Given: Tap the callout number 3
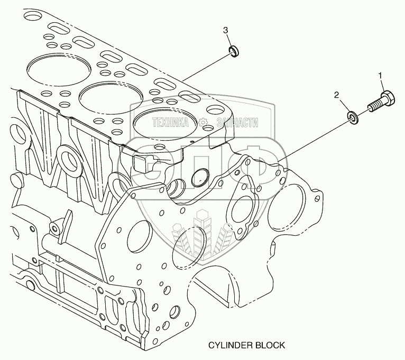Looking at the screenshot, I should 226,30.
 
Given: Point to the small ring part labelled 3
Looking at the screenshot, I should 233,51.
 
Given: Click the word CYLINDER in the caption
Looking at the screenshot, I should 228,345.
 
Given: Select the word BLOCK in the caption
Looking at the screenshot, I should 270,345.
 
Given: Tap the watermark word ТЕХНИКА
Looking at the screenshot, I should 170,123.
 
